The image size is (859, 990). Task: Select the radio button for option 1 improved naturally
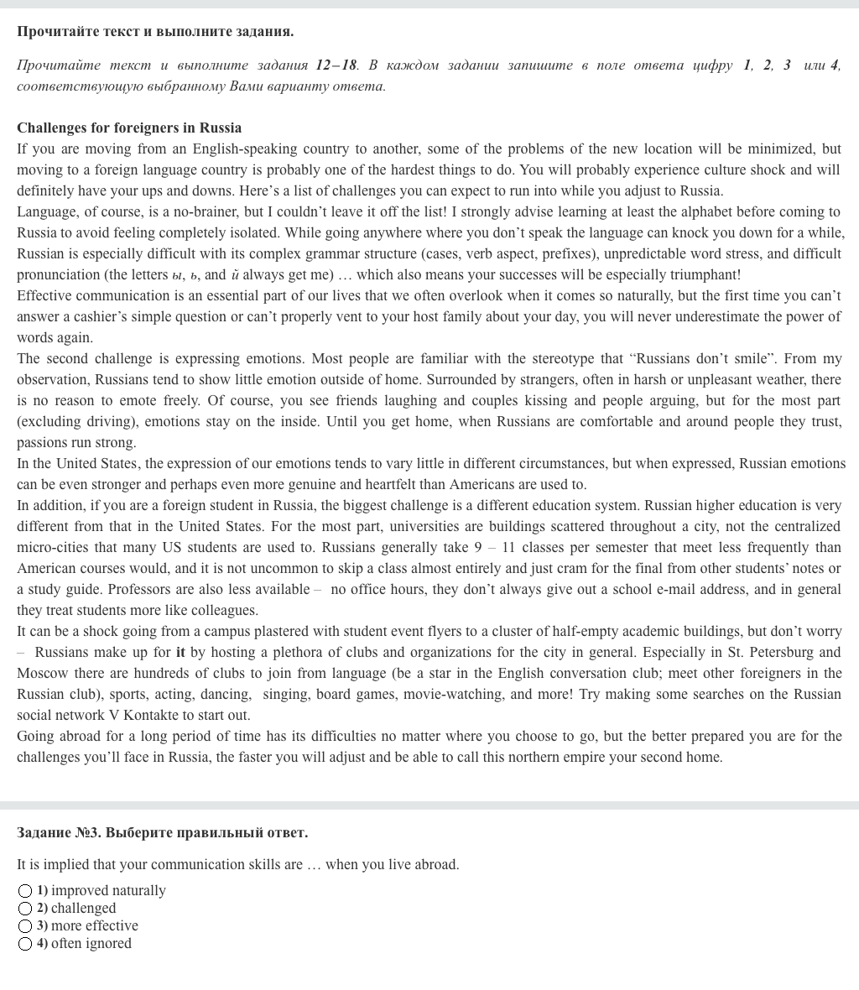point(25,891)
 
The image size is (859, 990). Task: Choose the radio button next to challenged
point(25,909)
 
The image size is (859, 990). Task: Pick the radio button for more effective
point(25,926)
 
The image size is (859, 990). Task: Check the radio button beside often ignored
point(25,944)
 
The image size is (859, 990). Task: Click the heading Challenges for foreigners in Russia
point(129,128)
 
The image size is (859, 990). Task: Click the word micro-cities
point(53,548)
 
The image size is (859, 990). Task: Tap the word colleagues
point(224,611)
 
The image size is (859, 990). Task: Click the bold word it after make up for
point(180,653)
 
